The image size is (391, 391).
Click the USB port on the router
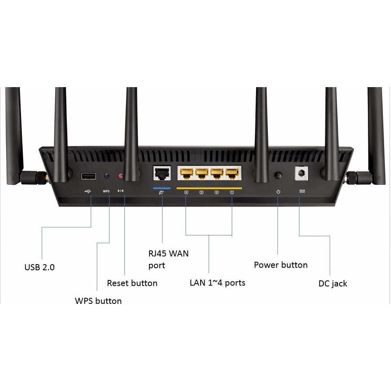coord(88,176)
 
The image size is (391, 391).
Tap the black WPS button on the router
coord(107,176)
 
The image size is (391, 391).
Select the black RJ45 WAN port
coord(161,173)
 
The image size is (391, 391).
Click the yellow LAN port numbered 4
coord(186,173)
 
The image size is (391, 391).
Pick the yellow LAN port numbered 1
coord(231,173)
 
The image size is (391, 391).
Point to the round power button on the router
coord(278,175)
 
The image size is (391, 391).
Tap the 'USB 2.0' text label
coord(39,267)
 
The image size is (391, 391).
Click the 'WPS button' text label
coord(98,301)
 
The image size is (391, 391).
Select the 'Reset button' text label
coord(132,283)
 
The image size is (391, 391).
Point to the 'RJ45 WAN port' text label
coord(168,260)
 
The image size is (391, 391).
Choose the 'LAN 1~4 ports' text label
coord(218,282)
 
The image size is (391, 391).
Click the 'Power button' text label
coord(281,265)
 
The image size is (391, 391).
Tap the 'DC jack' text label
coord(333,284)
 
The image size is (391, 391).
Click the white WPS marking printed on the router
coord(106,191)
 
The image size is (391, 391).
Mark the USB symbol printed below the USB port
coord(88,191)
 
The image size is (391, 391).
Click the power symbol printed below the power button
coord(278,191)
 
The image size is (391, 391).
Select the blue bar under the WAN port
coord(162,188)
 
